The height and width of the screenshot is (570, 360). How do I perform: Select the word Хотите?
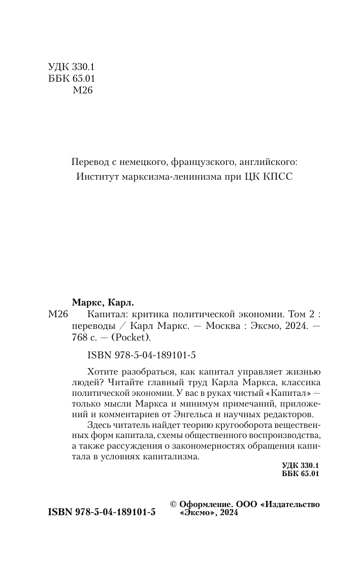point(101,369)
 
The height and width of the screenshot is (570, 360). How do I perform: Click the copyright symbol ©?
point(172,505)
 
